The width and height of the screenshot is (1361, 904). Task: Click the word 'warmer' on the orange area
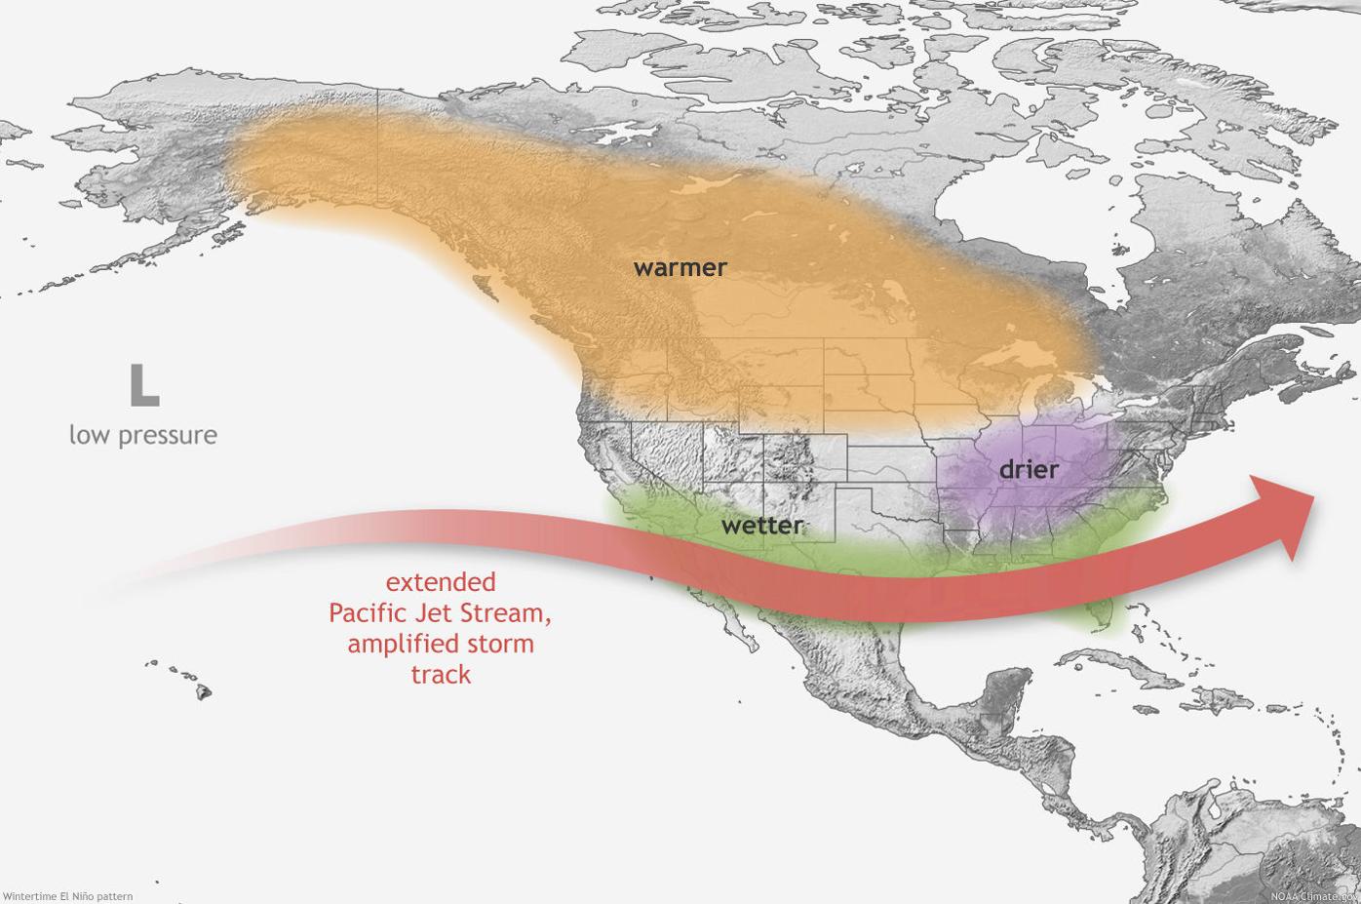[x=680, y=267]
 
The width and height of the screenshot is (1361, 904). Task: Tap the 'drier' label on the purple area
[x=1029, y=469]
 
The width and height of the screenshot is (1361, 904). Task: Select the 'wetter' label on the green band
[x=762, y=526]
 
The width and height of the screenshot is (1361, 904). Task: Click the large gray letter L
[x=143, y=385]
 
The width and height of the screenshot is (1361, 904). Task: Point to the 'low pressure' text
[x=142, y=435]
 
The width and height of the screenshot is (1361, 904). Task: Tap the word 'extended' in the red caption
[x=441, y=582]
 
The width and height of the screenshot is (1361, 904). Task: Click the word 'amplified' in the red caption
[x=394, y=645]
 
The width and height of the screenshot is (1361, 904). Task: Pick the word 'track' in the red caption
[x=441, y=675]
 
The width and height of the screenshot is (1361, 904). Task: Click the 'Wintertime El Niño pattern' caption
[x=67, y=895]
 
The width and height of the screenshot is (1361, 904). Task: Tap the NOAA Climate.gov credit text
[x=1313, y=895]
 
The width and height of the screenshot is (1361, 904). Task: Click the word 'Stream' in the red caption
[x=510, y=613]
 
